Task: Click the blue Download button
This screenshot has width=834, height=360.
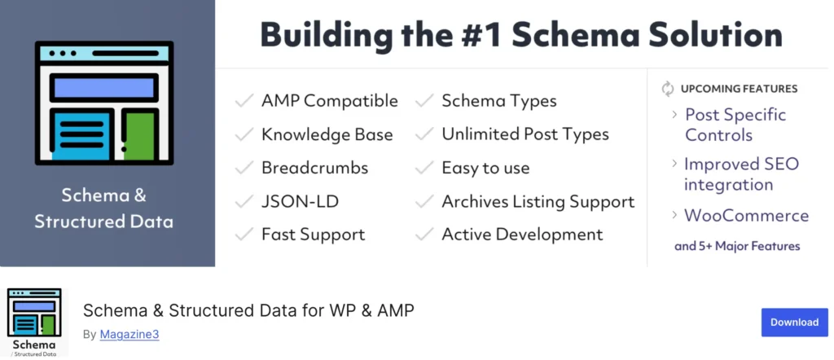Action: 794,323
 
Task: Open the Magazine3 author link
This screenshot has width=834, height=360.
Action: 129,335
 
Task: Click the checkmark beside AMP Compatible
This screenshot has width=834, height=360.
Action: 244,100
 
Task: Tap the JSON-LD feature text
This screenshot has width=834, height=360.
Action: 300,201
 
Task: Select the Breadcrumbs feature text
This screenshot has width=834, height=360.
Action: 315,168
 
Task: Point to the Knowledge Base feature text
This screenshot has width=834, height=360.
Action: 327,134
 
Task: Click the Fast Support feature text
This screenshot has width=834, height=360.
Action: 314,235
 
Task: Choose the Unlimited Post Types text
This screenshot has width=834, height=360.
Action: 525,134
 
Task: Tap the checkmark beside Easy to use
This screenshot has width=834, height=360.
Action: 424,168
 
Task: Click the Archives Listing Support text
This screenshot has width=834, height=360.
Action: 538,201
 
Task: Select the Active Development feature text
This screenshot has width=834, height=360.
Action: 522,235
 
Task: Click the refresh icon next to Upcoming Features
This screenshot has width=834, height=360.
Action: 668,89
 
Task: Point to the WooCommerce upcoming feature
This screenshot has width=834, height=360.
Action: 746,215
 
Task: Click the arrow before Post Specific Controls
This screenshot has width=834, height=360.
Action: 674,114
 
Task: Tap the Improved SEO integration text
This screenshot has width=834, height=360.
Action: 741,173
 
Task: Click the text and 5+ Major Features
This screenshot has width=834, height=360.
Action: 737,246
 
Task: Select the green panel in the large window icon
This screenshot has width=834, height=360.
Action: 140,136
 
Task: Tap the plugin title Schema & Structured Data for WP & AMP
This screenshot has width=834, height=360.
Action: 248,310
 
